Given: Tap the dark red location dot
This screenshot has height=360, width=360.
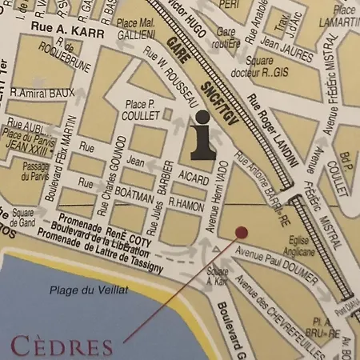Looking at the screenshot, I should pos(242,232).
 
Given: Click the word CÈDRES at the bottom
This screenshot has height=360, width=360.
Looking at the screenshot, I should pos(62,347).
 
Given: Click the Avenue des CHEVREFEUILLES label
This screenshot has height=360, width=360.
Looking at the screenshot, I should pos(276,317).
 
